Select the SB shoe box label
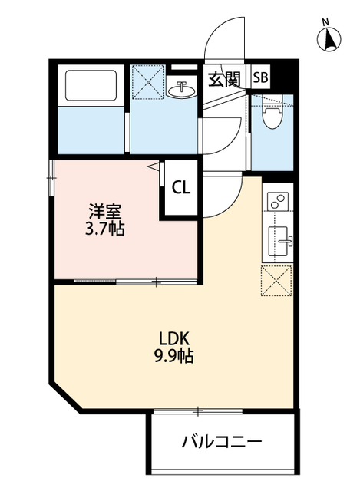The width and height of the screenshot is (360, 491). click(x=262, y=77)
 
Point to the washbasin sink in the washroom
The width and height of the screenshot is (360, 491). click(x=183, y=89)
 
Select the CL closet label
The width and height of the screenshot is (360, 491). click(x=181, y=186)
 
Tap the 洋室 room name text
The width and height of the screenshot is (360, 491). click(x=104, y=210)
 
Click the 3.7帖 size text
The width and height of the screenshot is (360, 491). click(x=104, y=229)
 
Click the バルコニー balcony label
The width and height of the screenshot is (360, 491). click(x=222, y=442)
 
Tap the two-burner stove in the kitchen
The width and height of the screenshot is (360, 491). click(x=277, y=202)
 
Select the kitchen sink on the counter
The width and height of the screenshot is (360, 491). click(x=279, y=240)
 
